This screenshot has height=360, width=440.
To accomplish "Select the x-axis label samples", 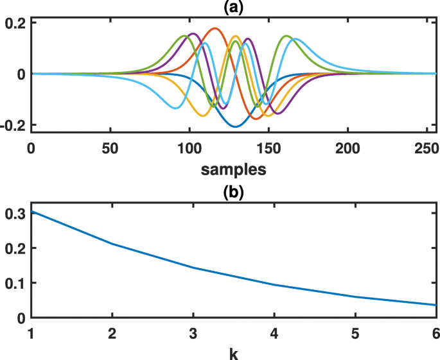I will click(234, 170).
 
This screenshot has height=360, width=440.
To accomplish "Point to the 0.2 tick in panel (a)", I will click(14, 22).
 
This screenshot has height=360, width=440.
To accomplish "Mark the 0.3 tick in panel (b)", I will click(14, 213).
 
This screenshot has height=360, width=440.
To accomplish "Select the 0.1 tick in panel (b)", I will click(14, 283).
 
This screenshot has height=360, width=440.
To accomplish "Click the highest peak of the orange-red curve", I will click(215, 28).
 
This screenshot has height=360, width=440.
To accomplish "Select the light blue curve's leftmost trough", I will click(175, 108).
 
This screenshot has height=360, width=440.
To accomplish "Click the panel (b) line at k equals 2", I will click(112, 244).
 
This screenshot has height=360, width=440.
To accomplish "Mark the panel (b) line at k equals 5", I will click(356, 296).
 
